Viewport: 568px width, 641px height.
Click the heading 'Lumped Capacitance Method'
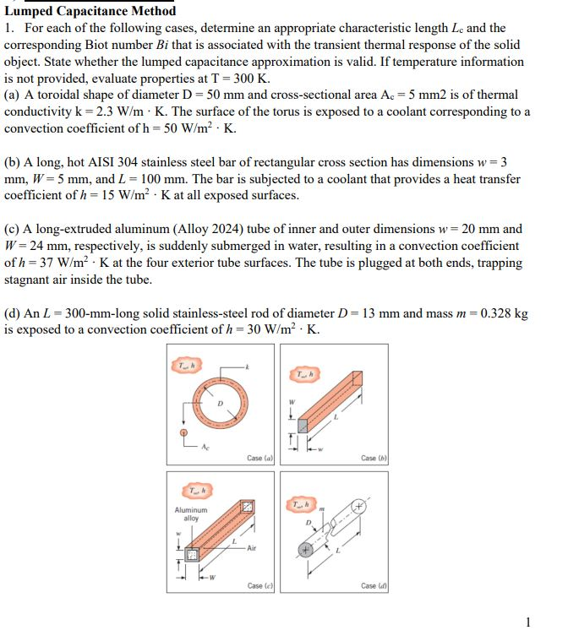pos(90,11)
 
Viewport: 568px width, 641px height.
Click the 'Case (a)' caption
pos(259,458)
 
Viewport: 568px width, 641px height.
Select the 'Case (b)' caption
pos(373,458)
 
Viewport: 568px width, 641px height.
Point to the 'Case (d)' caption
pos(373,585)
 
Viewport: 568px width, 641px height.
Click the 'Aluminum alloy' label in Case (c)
pos(190,513)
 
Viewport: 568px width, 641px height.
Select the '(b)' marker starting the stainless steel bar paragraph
pos(13,161)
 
